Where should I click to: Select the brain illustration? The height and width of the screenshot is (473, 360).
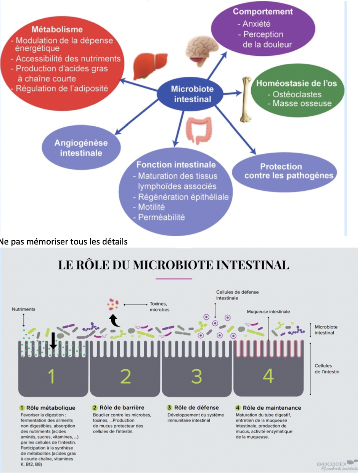point(201,49)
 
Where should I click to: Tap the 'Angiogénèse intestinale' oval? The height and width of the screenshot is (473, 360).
point(81,148)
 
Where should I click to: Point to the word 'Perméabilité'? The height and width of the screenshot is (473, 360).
point(161,217)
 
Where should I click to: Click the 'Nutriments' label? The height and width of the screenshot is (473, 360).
point(23,309)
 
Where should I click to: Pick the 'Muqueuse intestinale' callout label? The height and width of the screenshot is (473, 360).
point(268,311)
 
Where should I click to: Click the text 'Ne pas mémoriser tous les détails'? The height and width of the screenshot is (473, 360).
point(64,241)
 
